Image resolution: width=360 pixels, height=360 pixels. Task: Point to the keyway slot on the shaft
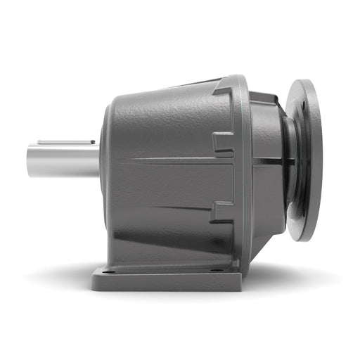tap(67, 142)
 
